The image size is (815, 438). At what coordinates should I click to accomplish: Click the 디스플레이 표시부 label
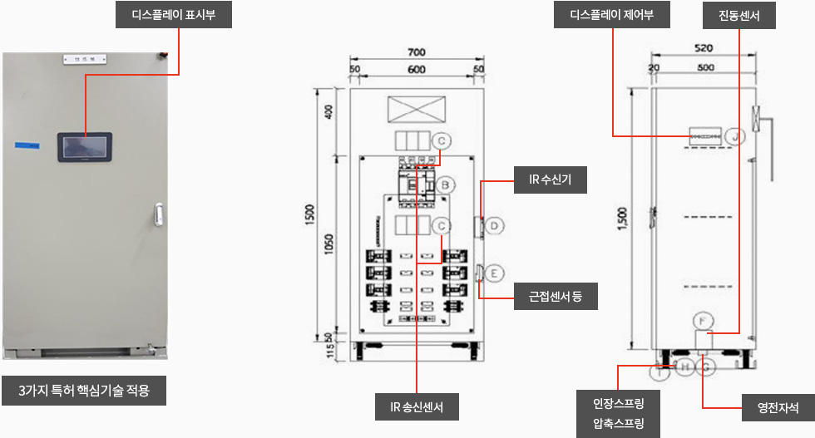(x=174, y=14)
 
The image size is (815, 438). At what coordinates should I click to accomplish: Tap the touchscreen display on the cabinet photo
(x=87, y=147)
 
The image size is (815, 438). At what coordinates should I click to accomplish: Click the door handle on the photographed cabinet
(x=158, y=215)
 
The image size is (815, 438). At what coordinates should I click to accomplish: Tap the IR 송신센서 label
(x=416, y=407)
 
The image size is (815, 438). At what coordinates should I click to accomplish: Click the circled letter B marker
(x=446, y=185)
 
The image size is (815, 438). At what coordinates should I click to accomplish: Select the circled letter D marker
(x=493, y=225)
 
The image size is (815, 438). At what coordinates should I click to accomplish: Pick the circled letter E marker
(x=493, y=273)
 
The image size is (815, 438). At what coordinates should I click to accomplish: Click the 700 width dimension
(x=417, y=52)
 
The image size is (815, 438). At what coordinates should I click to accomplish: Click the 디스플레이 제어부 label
(x=611, y=15)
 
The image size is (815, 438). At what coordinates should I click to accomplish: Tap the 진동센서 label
(x=738, y=15)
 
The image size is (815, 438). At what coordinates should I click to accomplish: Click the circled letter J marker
(x=734, y=135)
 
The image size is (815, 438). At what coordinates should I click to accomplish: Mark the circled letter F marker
(x=703, y=320)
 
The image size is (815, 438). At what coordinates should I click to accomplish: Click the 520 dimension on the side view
(x=704, y=48)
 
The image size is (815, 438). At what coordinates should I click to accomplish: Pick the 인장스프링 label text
(x=619, y=404)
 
